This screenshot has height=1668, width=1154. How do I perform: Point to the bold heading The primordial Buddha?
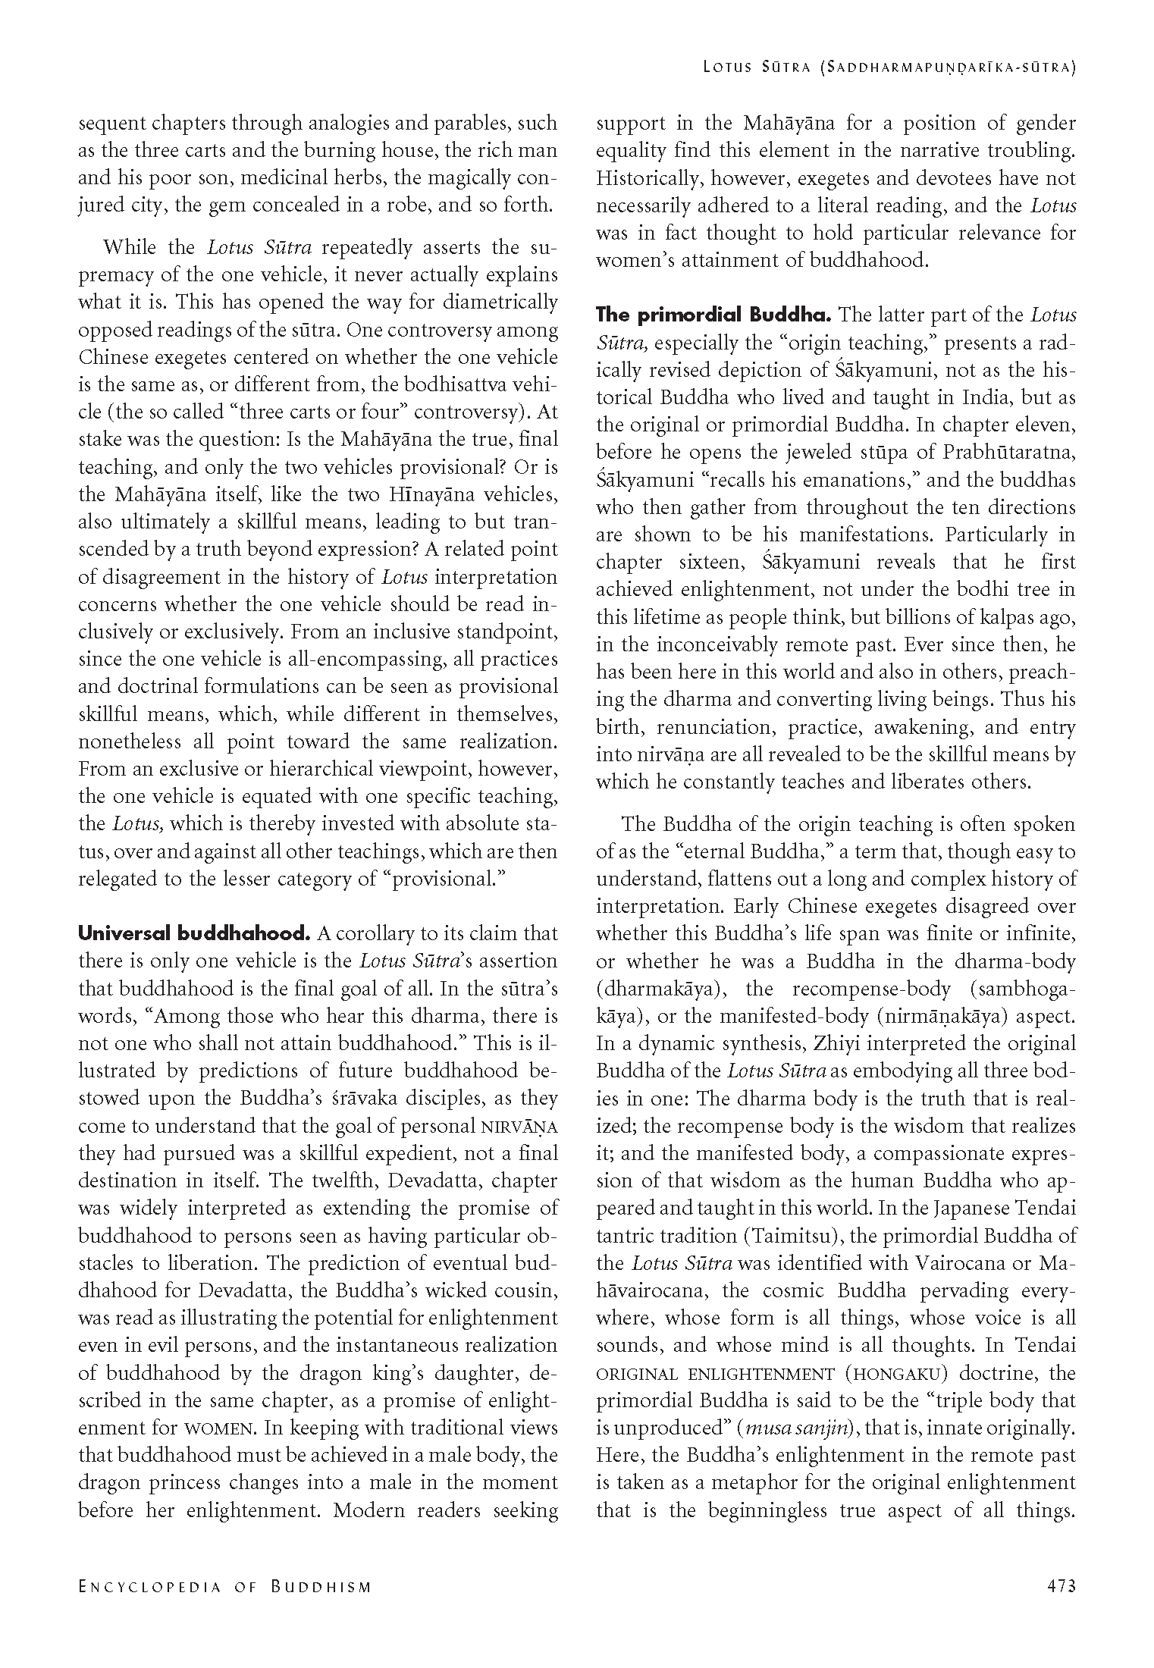[x=714, y=315]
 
